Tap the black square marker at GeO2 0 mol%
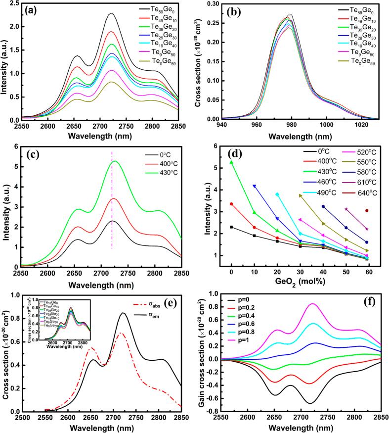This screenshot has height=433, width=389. tap(231, 227)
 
